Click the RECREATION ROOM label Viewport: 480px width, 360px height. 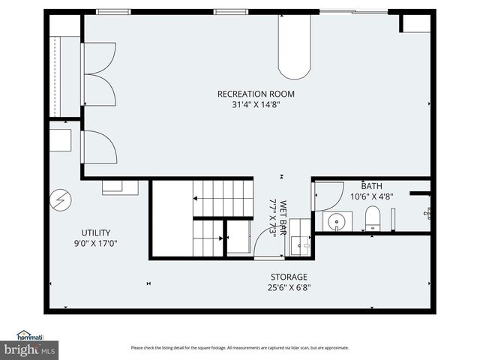(x=255, y=94)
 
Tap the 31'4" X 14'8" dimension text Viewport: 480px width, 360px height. (x=255, y=105)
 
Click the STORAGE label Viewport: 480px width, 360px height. (x=289, y=277)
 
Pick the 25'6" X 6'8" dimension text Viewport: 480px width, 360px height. (x=289, y=287)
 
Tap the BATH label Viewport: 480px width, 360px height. (x=371, y=186)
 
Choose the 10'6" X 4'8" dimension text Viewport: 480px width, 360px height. (x=371, y=196)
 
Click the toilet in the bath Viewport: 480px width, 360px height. (x=373, y=219)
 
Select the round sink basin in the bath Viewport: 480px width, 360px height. (x=337, y=221)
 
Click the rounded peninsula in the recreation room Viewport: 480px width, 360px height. (x=294, y=49)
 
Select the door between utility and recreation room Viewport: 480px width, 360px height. (x=99, y=147)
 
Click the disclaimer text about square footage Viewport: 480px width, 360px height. (x=239, y=347)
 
